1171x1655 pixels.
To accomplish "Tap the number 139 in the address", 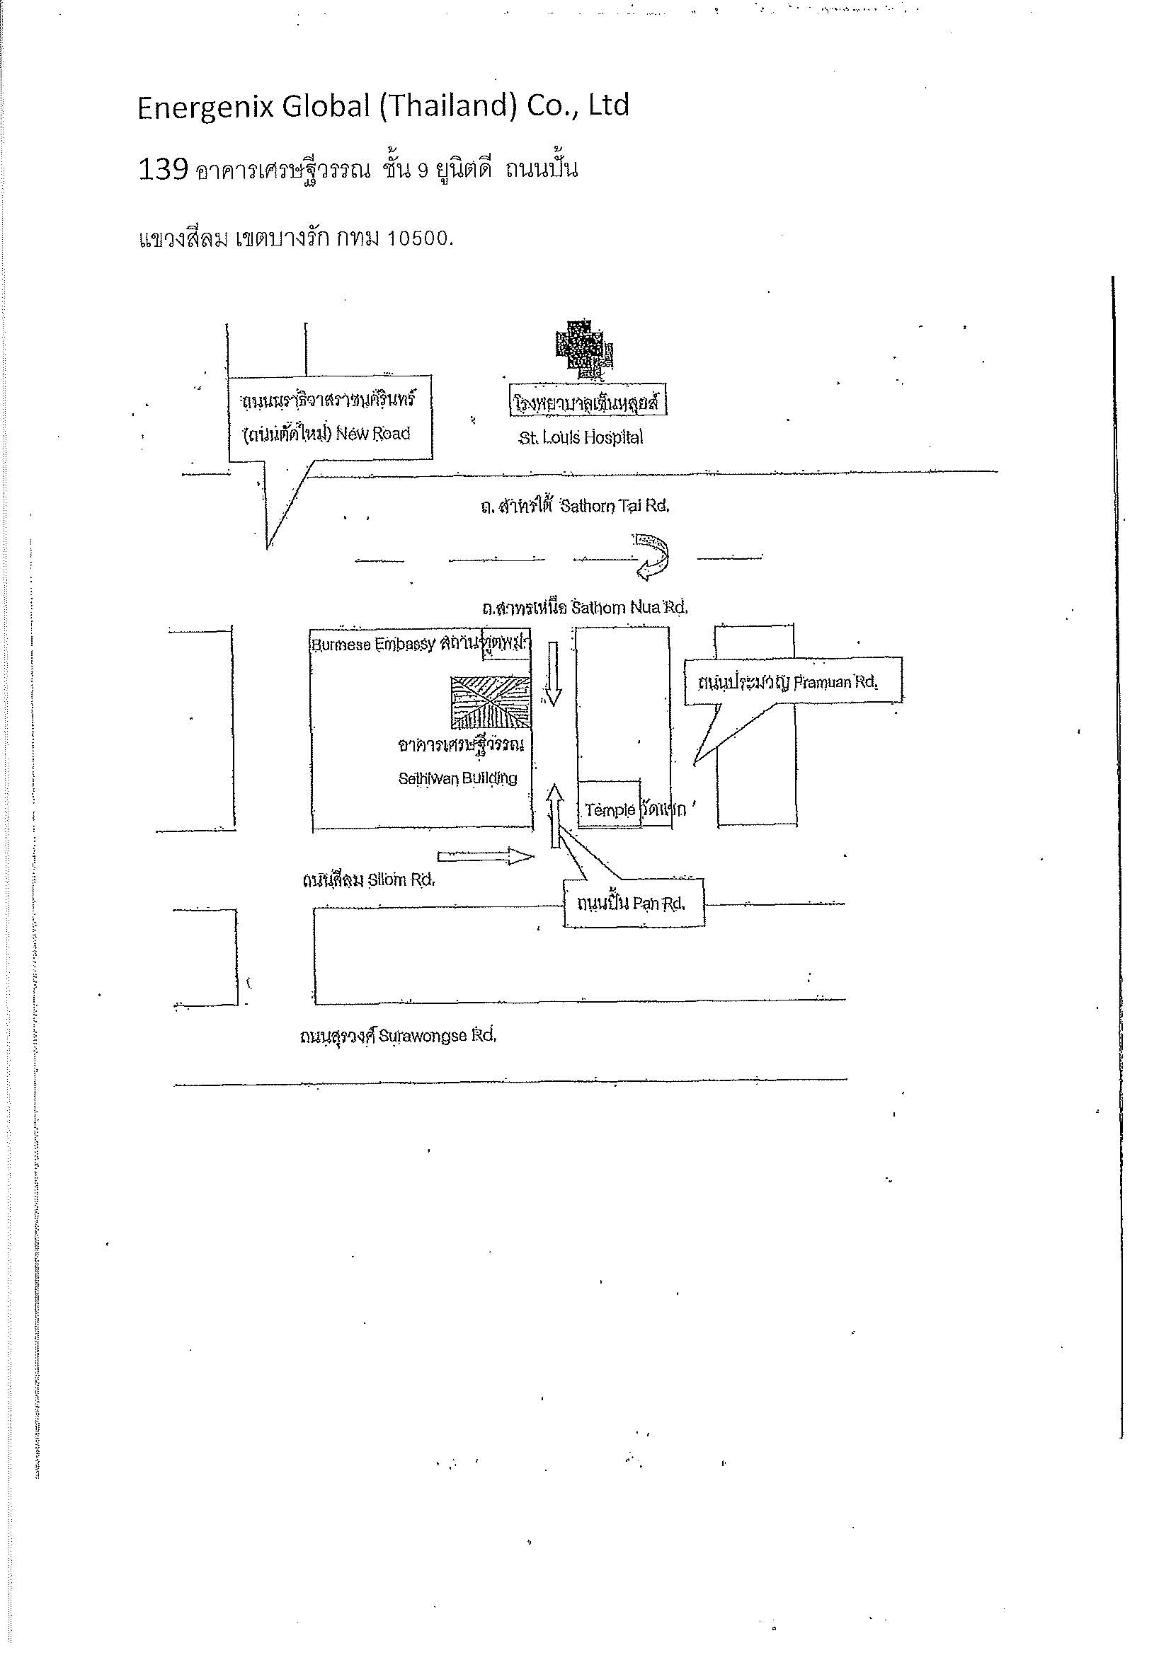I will (162, 170).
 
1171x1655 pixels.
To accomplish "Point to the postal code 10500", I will (420, 239).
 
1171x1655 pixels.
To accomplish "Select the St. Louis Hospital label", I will (581, 437).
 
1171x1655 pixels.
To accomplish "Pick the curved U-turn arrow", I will (653, 555).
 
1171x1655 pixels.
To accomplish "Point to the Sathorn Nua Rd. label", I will (629, 608).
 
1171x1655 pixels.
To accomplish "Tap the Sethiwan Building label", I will (457, 778).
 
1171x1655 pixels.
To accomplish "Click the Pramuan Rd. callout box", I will (792, 681).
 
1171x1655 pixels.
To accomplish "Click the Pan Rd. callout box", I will (632, 903).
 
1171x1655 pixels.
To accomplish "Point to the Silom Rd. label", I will (401, 880).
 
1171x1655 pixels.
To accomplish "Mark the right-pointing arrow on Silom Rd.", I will (486, 856).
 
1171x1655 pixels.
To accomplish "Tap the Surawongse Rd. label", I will (436, 1036).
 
